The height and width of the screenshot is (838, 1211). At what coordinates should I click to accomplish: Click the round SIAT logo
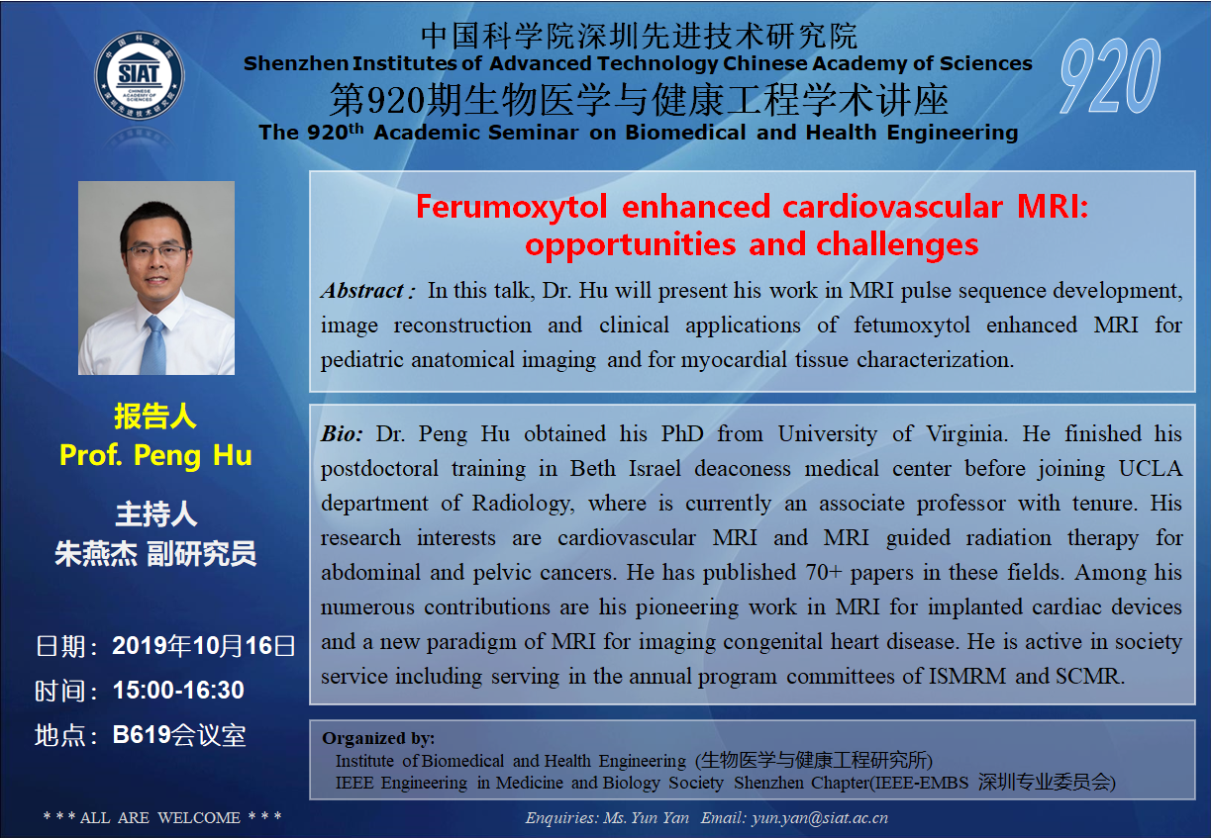[x=140, y=75]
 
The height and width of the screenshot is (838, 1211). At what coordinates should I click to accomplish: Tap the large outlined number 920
[x=1110, y=76]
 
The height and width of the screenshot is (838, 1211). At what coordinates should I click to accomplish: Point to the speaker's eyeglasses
[x=156, y=250]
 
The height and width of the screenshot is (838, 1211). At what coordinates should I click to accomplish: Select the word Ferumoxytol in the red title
[x=511, y=208]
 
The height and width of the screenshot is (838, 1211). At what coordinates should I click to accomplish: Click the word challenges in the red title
[x=897, y=244]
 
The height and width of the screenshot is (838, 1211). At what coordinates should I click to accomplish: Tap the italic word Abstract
[x=361, y=291]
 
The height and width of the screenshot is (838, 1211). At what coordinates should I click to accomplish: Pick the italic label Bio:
[x=342, y=434]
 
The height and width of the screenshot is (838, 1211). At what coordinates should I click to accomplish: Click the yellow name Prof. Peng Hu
[x=155, y=455]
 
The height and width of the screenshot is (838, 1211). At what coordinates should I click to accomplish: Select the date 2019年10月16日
[x=203, y=646]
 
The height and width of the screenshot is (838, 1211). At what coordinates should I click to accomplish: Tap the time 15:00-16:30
[x=178, y=690]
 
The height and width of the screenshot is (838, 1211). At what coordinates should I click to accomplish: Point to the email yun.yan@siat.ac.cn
[x=820, y=818]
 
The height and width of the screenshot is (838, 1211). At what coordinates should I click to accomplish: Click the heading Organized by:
[x=378, y=738]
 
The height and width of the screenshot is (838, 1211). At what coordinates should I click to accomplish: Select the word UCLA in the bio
[x=1150, y=468]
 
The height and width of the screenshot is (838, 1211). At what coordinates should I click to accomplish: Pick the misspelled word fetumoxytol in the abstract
[x=912, y=326]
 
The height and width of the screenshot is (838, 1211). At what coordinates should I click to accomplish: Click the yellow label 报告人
[x=155, y=417]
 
